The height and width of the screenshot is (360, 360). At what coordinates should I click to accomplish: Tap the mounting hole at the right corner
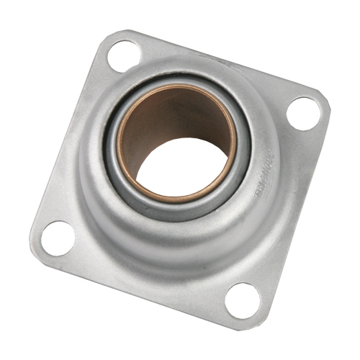tap(302, 112)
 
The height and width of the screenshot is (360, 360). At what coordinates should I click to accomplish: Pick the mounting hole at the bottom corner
tap(243, 300)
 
